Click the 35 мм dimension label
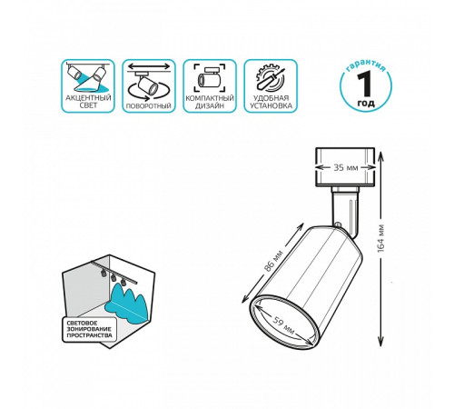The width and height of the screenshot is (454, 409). [x=342, y=167]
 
